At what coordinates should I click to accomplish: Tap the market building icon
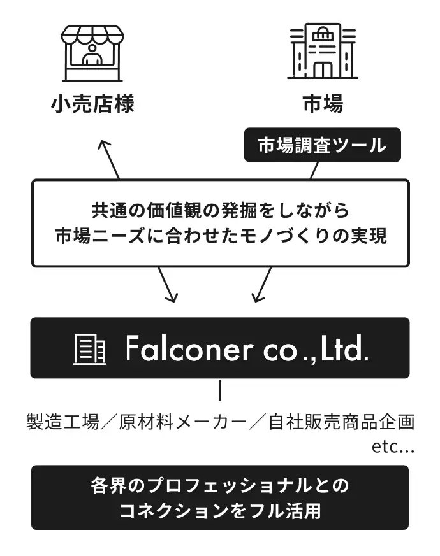(322, 52)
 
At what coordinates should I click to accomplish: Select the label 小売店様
(92, 103)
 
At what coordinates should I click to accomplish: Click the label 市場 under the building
(322, 103)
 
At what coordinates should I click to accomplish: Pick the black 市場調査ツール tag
(322, 145)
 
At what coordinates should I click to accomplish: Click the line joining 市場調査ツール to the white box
(314, 170)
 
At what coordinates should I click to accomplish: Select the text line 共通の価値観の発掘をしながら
(220, 209)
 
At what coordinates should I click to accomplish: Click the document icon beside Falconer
(90, 349)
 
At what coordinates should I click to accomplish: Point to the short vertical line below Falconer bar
(220, 390)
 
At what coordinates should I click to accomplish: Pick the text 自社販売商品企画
(342, 422)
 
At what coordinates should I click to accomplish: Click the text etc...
(393, 446)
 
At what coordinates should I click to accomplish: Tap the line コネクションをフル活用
(220, 511)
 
